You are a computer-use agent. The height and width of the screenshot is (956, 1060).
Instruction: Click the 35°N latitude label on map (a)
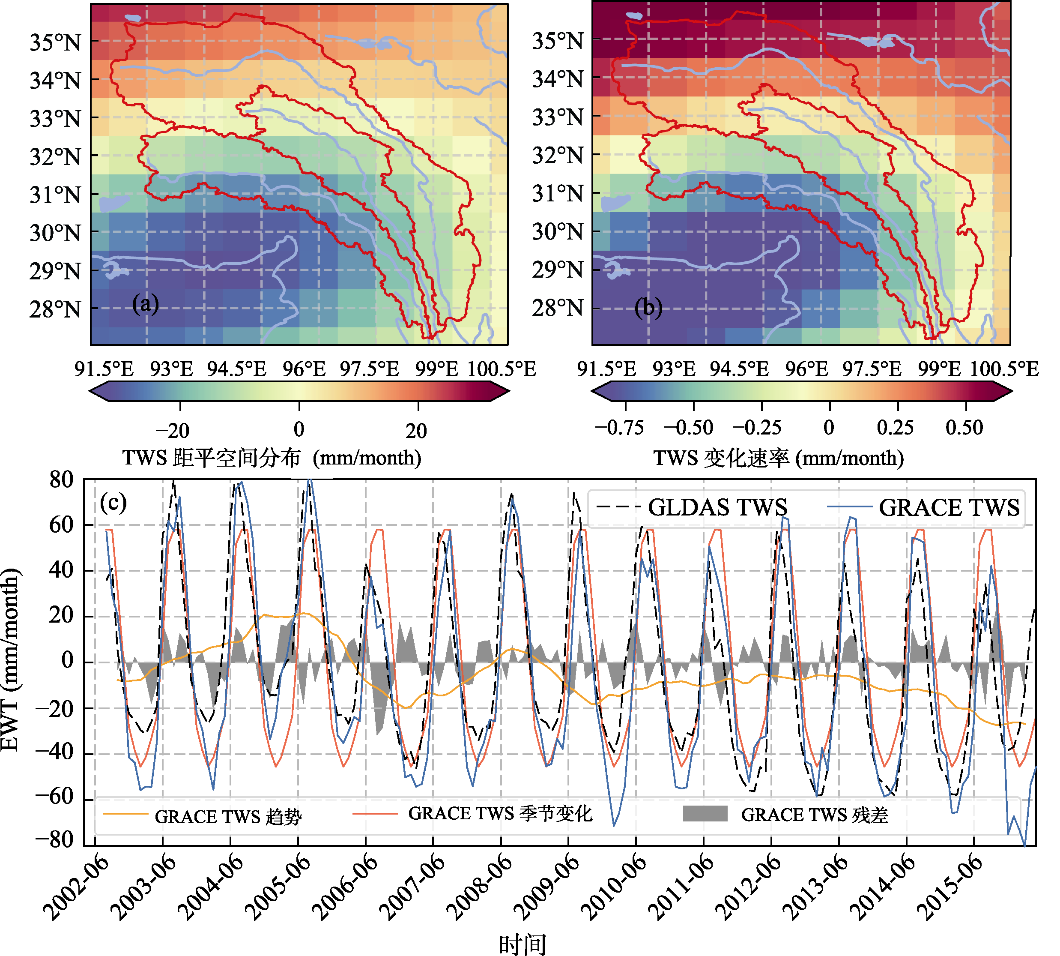(x=55, y=42)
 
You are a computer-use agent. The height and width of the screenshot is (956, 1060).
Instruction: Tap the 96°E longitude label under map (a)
(x=304, y=369)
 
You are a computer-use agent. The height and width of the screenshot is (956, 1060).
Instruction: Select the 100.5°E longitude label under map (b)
(x=1004, y=369)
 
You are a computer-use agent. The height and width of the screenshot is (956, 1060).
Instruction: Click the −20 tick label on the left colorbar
(x=172, y=431)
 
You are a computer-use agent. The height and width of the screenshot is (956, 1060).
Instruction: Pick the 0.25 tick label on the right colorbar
(x=895, y=428)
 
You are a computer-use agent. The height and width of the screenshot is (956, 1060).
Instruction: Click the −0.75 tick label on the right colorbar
(x=620, y=428)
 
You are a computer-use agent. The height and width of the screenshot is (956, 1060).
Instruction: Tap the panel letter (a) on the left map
(x=146, y=304)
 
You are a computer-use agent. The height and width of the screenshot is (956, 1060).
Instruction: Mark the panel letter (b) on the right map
(x=648, y=307)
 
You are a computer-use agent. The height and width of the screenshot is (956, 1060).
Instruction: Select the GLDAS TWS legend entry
(x=692, y=507)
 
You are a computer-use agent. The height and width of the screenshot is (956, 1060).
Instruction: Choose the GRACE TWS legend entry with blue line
(x=923, y=507)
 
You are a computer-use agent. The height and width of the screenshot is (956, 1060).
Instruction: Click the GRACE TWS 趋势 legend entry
(x=203, y=816)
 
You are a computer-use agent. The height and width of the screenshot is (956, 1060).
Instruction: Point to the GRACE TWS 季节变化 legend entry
(x=472, y=813)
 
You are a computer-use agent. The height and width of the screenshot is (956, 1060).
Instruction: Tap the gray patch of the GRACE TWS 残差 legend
(x=705, y=814)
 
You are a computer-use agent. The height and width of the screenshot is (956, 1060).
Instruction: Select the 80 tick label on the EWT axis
(x=61, y=479)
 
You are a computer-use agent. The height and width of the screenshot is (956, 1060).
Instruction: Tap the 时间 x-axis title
(x=523, y=944)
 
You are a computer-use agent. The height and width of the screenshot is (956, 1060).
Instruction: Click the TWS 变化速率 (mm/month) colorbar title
(x=779, y=458)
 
